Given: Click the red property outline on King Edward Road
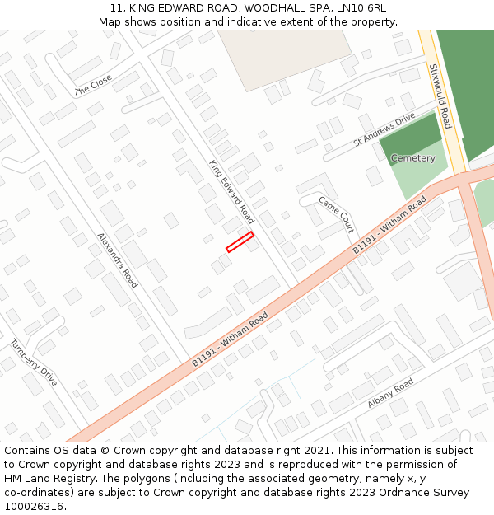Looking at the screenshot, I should tap(240, 241).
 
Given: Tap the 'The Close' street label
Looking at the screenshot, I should tap(93, 85).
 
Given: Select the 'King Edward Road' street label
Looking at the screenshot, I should tap(231, 192).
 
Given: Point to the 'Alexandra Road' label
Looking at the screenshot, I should tap(117, 260).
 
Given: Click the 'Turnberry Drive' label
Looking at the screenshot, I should tap(34, 363).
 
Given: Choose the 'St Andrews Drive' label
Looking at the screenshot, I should tap(384, 130).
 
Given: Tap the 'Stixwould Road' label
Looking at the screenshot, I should tap(440, 96).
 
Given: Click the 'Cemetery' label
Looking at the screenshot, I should tap(412, 157).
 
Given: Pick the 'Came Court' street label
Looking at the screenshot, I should tap(336, 213).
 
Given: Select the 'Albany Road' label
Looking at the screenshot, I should tap(391, 395).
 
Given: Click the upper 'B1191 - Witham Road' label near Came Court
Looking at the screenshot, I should tap(389, 224).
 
